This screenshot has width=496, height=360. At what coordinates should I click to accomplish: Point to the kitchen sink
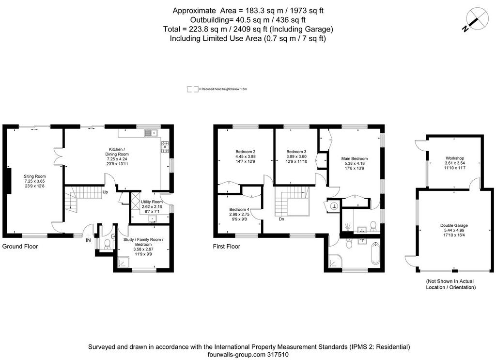click(151, 133)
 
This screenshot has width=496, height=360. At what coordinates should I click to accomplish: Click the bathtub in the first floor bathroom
click(375, 253)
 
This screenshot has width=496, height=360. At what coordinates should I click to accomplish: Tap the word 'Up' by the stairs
click(105, 192)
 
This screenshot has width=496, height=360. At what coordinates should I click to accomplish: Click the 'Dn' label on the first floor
click(281, 219)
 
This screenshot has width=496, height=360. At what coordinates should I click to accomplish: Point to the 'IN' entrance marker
click(88, 240)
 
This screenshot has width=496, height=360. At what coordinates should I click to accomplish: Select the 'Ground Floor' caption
click(20, 247)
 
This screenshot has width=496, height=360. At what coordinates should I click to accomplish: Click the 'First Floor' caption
click(227, 247)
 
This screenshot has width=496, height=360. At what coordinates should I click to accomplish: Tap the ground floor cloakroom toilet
click(107, 244)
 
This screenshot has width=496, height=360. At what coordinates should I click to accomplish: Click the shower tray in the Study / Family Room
click(123, 262)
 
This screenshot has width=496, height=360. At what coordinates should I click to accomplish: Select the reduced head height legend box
click(193, 89)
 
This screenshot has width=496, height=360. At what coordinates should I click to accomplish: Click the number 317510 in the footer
click(278, 355)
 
